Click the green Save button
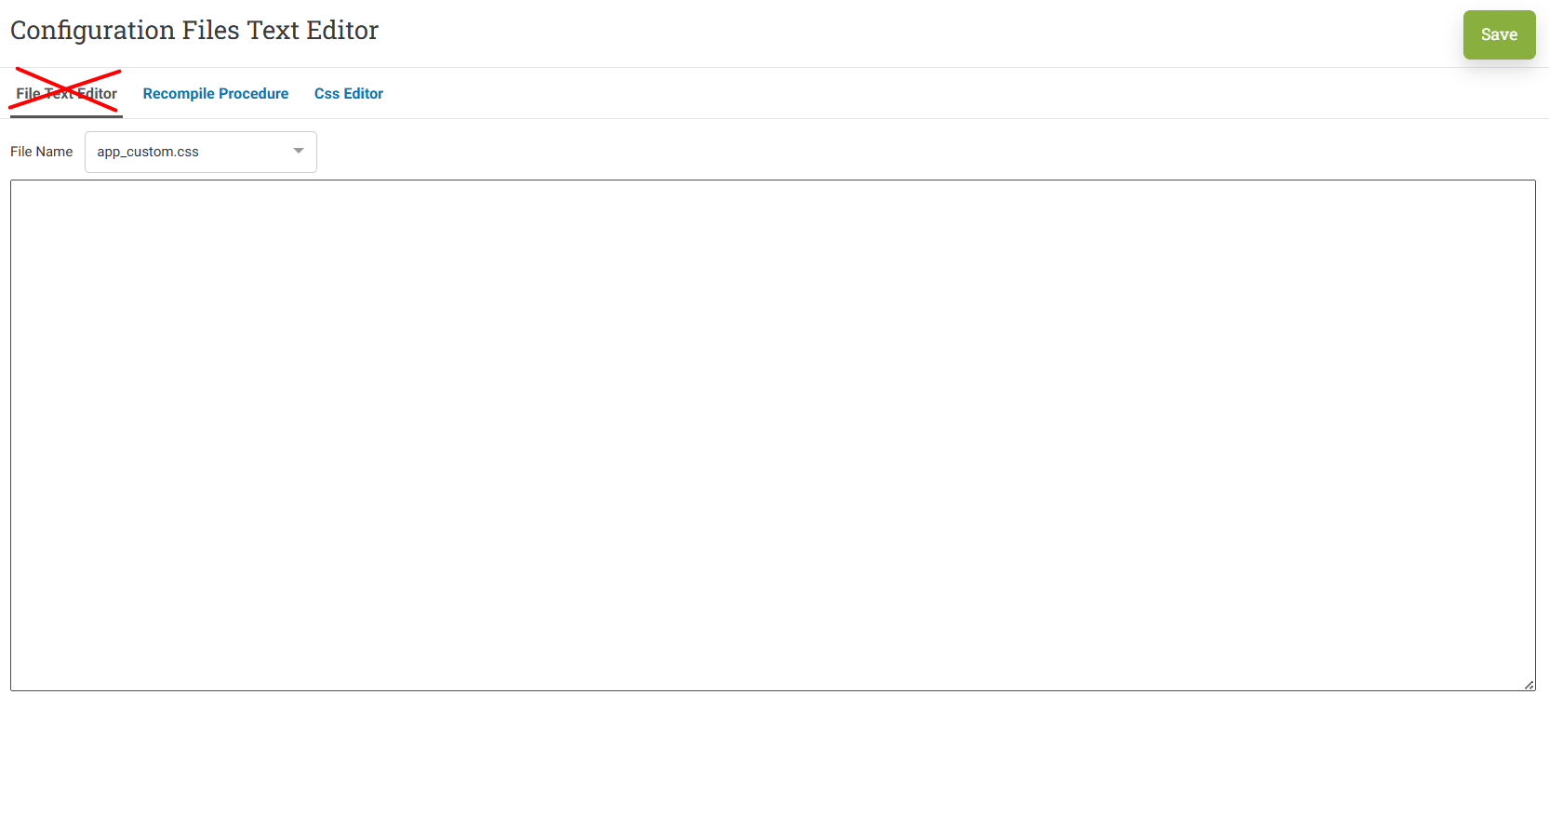1499,34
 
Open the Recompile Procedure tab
216,93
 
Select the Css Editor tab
349,93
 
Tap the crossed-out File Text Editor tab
66,93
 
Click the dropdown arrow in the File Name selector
298,151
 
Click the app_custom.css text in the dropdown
147,152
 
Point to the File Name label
42,152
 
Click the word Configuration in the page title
93,31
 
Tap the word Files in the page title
211,30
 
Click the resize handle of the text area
1529,685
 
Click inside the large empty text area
773,435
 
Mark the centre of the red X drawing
66,90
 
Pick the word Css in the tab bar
327,93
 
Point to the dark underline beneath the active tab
66,116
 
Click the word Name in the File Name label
55,152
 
